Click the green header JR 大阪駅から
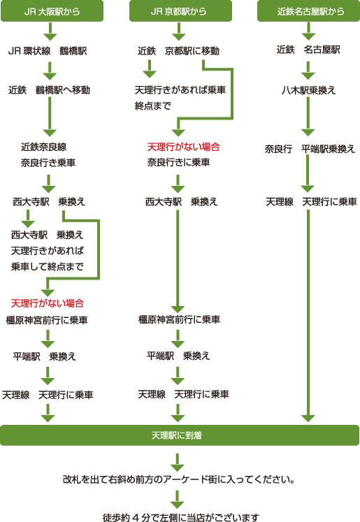pyautogui.click(x=52, y=11)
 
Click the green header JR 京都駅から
pyautogui.click(x=179, y=11)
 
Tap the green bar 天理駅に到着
pyautogui.click(x=180, y=435)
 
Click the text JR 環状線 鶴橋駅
pyautogui.click(x=47, y=51)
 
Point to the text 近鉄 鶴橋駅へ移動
pyautogui.click(x=49, y=90)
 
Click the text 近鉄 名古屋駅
pyautogui.click(x=308, y=50)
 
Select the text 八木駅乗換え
pyautogui.click(x=308, y=90)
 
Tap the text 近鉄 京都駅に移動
pyautogui.click(x=178, y=51)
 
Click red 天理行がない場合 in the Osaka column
pyautogui.click(x=48, y=303)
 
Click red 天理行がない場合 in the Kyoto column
pyautogui.click(x=183, y=147)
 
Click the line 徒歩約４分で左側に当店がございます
pyautogui.click(x=180, y=518)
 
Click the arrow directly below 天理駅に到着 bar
pyautogui.click(x=179, y=461)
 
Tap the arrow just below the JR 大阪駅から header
pyautogui.click(x=50, y=31)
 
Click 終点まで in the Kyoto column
pyautogui.click(x=152, y=106)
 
